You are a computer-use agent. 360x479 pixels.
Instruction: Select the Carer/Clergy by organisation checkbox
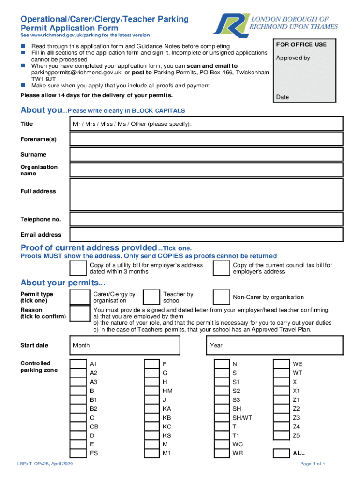(79, 297)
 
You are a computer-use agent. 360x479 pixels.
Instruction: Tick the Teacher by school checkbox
(151, 297)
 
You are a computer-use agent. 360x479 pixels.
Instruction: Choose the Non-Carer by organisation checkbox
(221, 297)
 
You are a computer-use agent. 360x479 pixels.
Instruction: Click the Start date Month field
(125, 345)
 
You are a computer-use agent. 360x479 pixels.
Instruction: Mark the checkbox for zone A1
(78, 364)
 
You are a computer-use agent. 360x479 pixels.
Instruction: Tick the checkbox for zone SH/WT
(221, 418)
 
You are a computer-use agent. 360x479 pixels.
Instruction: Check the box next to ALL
(281, 453)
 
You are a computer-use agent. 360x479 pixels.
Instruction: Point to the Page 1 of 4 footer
(312, 464)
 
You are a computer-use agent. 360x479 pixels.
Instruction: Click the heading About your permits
(63, 283)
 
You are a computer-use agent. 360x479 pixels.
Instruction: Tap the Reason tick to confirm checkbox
(79, 313)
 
